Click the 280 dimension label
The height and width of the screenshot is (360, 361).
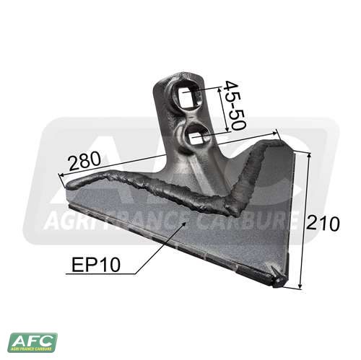tap(84, 161)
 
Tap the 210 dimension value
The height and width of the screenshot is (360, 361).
tap(322, 224)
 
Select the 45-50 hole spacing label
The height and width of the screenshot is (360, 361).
tap(235, 105)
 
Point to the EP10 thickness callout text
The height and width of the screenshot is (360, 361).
tap(96, 265)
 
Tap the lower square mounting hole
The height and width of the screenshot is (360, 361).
tap(196, 139)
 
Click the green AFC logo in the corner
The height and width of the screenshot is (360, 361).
tap(32, 342)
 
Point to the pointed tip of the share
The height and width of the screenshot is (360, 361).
tap(282, 282)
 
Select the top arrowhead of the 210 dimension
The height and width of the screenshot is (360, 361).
tap(309, 154)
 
